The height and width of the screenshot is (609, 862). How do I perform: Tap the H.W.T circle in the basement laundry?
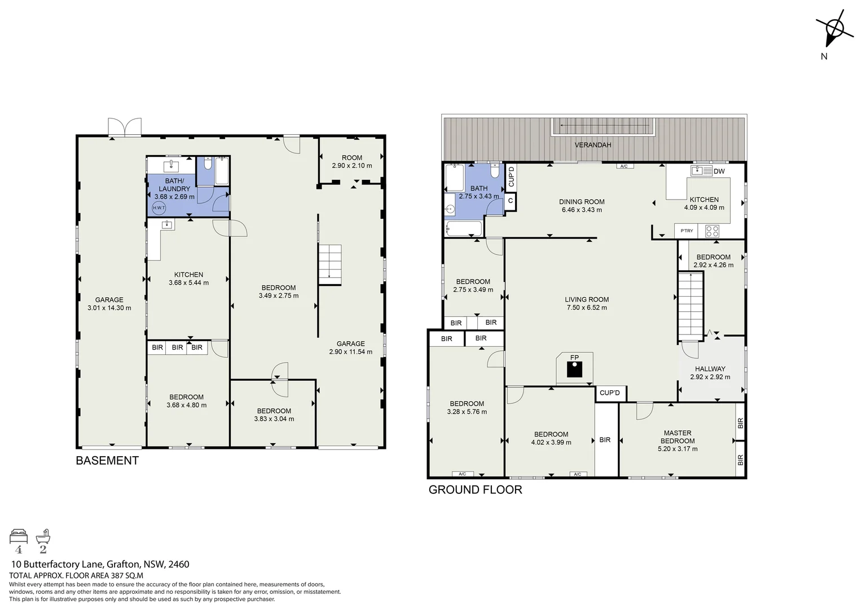(x=159, y=208)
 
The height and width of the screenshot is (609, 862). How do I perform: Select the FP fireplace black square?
(x=574, y=369)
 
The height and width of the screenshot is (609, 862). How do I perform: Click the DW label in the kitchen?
(x=719, y=171)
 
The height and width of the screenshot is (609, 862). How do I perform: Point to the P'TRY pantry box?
(x=687, y=231)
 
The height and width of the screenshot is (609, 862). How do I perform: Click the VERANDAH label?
(x=592, y=145)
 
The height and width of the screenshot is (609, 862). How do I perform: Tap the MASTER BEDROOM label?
(x=678, y=437)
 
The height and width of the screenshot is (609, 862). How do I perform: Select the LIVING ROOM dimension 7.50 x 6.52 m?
(x=587, y=307)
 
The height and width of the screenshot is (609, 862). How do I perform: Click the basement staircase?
(x=330, y=264)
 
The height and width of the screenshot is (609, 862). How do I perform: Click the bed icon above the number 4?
(x=19, y=536)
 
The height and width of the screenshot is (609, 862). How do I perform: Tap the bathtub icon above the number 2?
(x=43, y=536)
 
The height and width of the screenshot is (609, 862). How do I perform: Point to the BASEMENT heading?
(x=107, y=461)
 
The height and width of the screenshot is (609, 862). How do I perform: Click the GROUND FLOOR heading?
(x=475, y=490)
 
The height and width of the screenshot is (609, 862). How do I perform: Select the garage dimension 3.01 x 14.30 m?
(x=109, y=308)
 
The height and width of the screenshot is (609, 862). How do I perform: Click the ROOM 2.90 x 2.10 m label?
(x=352, y=162)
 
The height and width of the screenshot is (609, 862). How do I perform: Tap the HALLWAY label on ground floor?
(x=710, y=369)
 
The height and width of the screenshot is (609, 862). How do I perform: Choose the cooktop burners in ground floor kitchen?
(x=712, y=231)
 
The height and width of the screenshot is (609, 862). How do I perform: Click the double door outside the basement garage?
(x=125, y=126)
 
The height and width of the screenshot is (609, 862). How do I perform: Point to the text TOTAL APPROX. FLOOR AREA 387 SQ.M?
(x=76, y=576)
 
